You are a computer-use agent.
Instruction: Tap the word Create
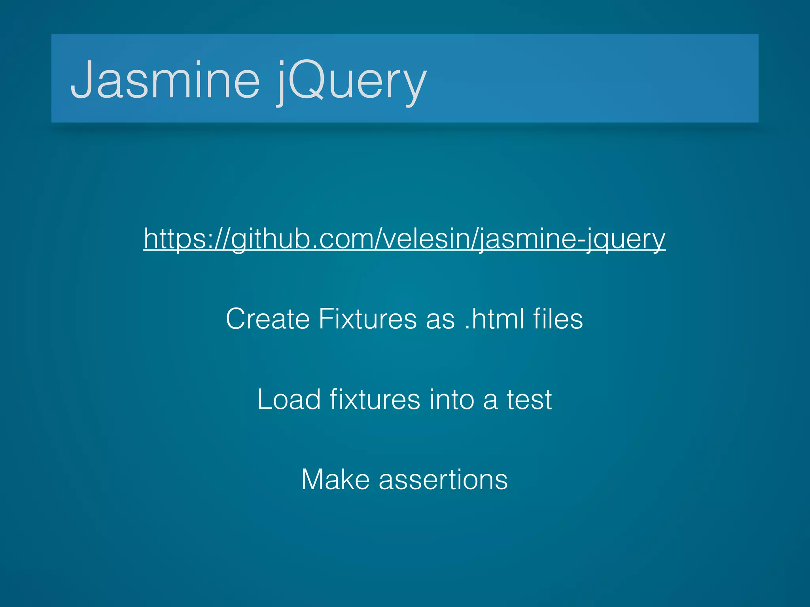coord(268,319)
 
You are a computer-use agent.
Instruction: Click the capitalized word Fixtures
coord(367,319)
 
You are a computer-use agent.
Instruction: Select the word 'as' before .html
coord(440,319)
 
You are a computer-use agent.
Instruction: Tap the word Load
coord(289,399)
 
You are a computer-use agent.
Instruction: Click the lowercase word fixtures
coord(375,399)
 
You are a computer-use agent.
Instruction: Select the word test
coord(529,399)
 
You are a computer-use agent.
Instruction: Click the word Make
coord(335,479)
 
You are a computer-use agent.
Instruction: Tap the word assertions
coord(443,479)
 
